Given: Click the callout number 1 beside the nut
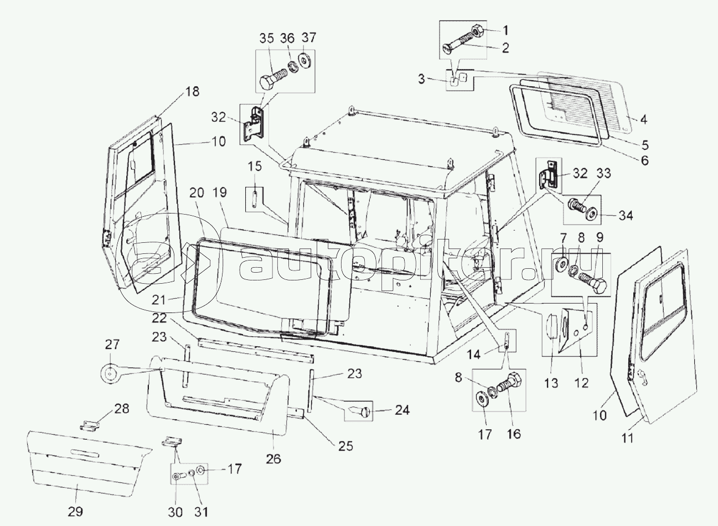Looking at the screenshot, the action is [x=505, y=31].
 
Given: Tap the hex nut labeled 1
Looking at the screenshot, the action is [x=478, y=31].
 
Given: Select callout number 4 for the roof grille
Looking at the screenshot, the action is [x=644, y=119].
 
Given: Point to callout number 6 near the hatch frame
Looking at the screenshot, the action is [x=644, y=160].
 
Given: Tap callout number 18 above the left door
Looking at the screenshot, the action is [x=192, y=92].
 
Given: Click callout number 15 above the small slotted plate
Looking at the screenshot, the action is [x=255, y=166].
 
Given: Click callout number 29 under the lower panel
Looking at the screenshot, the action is [x=75, y=512].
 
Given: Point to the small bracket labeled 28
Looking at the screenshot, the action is [x=90, y=426].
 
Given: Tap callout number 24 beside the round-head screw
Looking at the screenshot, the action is [x=402, y=410].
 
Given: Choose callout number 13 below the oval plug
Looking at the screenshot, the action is [x=551, y=383].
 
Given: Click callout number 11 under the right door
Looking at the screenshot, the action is [x=628, y=438].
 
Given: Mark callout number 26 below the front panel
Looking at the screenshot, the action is [x=273, y=459].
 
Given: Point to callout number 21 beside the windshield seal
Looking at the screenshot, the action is [x=159, y=300].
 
